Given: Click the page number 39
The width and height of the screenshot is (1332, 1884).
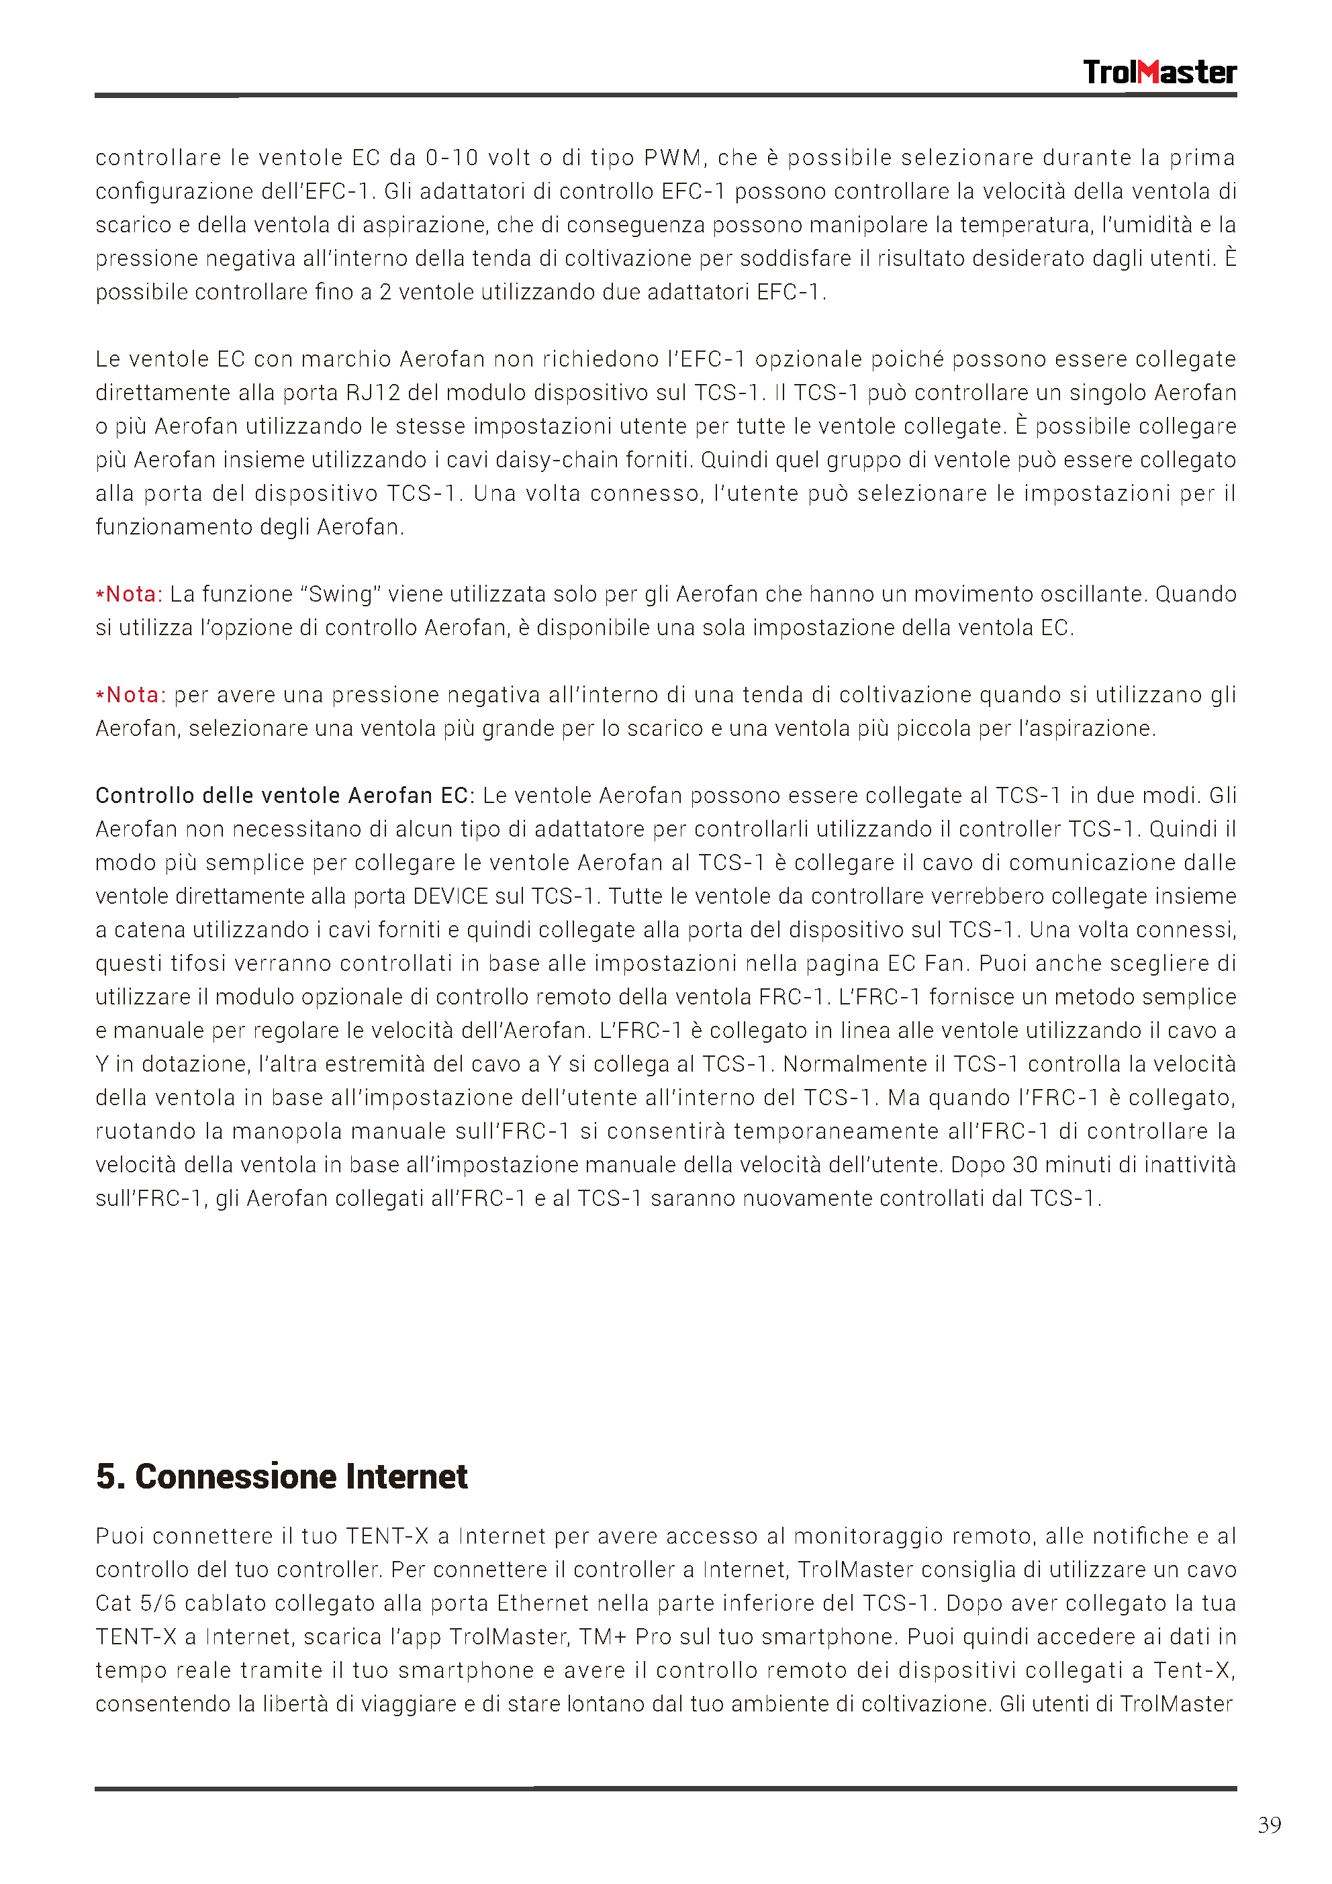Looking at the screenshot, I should pos(1269,1824).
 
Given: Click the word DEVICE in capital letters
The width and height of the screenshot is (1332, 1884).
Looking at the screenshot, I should pos(450,897).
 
